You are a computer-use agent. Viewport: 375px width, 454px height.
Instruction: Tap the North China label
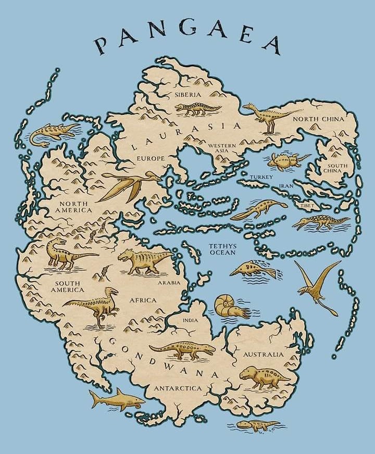point(318,119)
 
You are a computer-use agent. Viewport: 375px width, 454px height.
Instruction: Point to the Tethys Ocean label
point(222,249)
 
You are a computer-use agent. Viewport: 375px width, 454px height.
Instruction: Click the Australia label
point(264,355)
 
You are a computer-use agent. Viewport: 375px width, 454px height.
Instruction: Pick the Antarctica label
point(177,388)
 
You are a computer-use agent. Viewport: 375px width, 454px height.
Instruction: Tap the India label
point(190,320)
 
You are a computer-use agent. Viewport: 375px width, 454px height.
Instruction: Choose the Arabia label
point(169,283)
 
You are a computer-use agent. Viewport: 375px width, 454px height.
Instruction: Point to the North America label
point(75,207)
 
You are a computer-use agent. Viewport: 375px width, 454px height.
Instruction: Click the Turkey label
point(261,177)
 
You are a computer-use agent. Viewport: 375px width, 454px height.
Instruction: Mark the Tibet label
point(308,206)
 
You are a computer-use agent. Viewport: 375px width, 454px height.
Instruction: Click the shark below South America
point(116,399)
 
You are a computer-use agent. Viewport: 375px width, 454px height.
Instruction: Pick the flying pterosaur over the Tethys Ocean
point(317,284)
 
